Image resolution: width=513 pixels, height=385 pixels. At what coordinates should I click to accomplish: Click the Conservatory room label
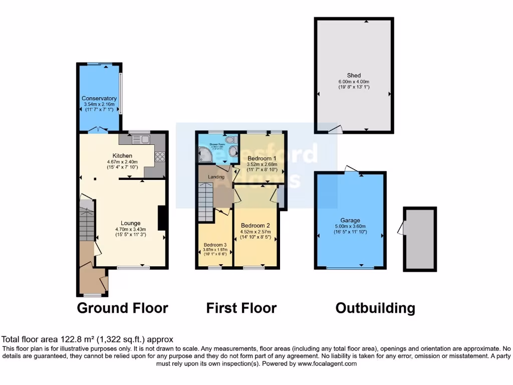[99, 98]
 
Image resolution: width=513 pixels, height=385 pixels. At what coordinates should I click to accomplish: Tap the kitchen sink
[139, 140]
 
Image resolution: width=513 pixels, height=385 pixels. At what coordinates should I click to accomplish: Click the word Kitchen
[122, 156]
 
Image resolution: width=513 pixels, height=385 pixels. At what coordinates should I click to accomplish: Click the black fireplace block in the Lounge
[162, 218]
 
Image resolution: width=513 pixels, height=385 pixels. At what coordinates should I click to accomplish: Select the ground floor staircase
[87, 221]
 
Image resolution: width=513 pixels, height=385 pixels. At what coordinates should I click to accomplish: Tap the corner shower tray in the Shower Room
[206, 155]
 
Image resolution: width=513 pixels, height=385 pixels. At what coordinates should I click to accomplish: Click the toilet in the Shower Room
[232, 151]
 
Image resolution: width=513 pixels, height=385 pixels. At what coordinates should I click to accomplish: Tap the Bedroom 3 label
[215, 245]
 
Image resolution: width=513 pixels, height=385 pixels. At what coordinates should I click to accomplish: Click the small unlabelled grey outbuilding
[420, 240]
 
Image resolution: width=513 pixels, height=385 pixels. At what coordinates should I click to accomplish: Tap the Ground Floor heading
[122, 307]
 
